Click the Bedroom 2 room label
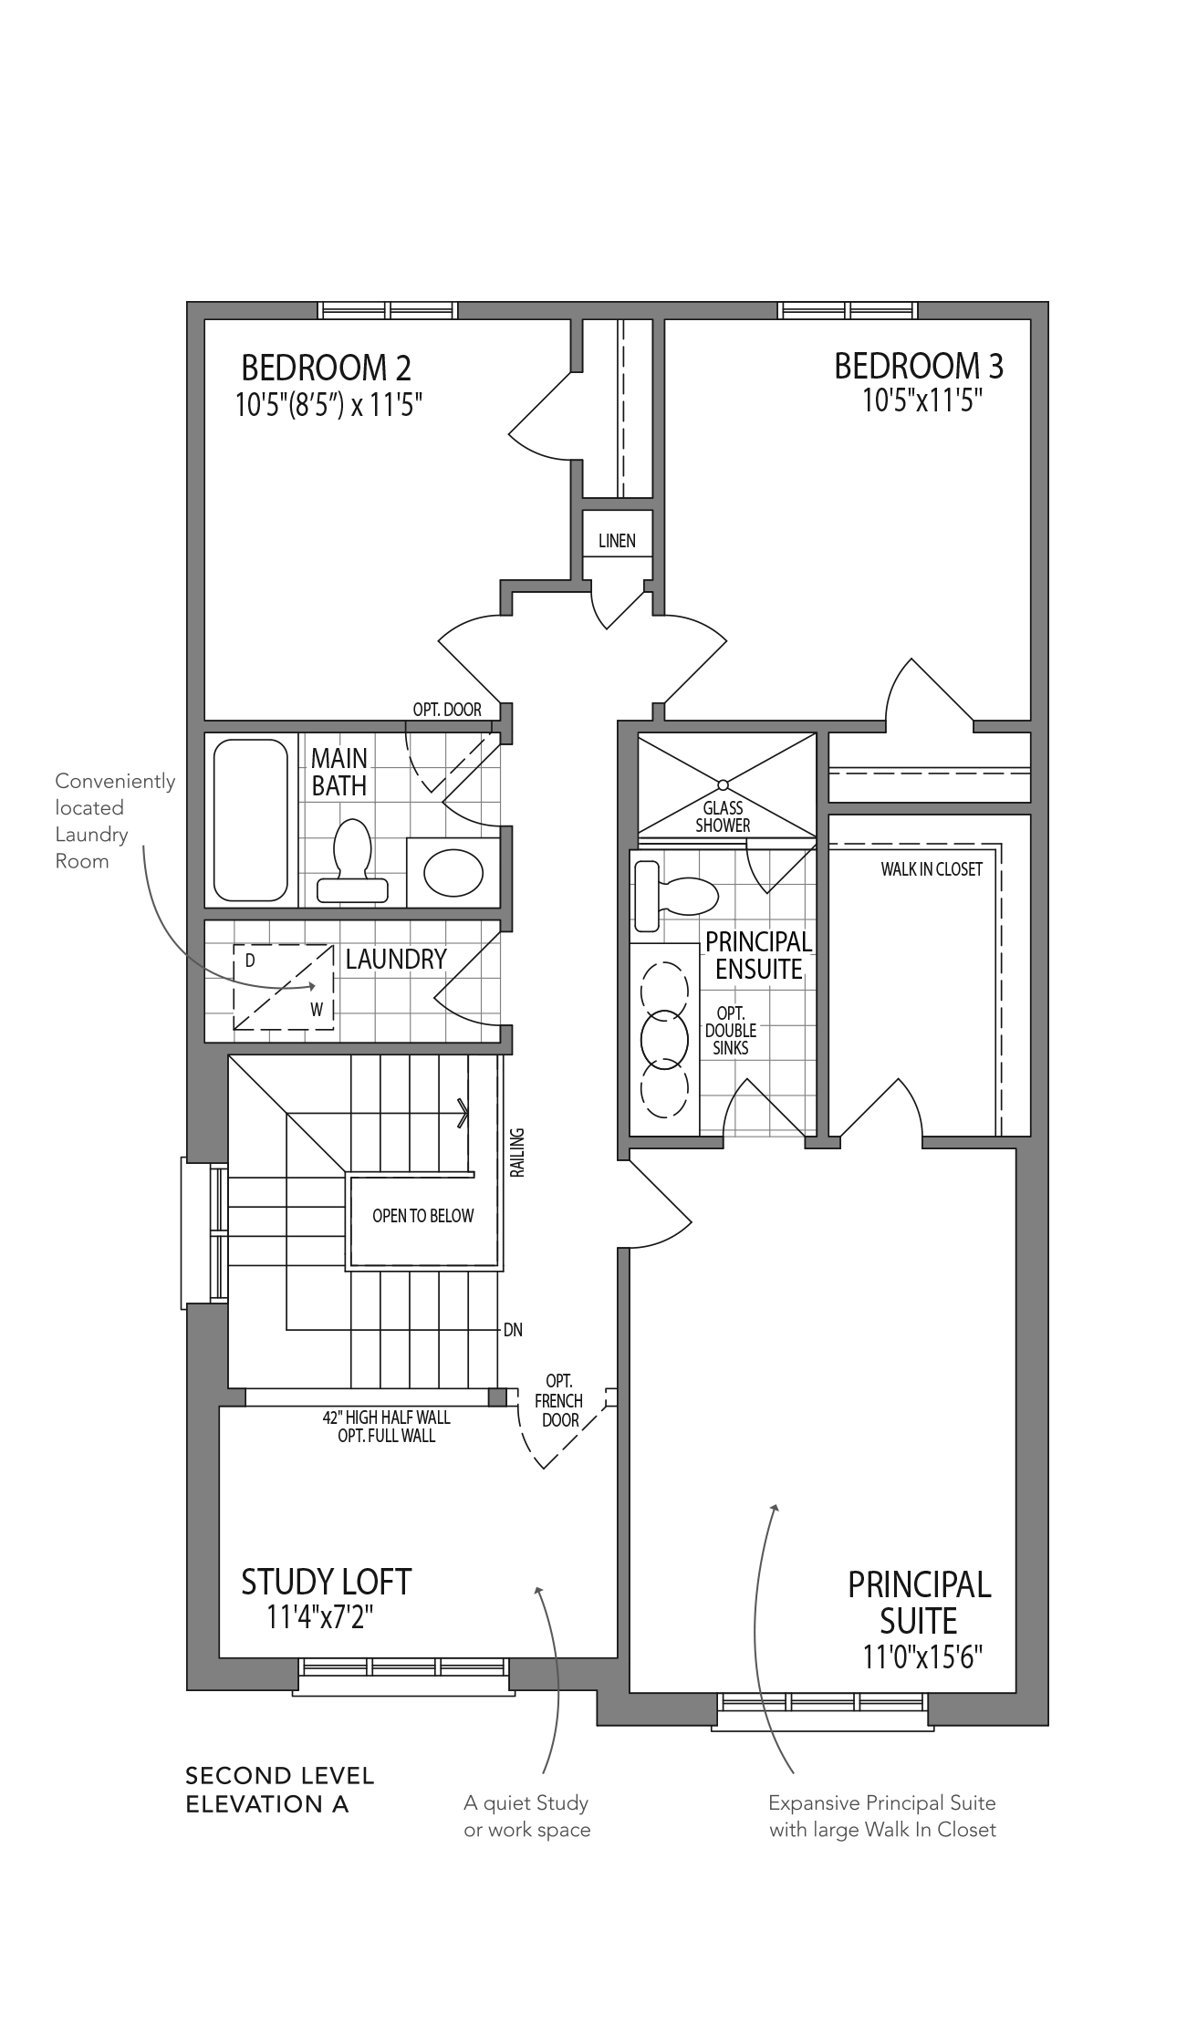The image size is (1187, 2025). [326, 368]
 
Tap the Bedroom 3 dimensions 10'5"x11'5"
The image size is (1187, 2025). [922, 400]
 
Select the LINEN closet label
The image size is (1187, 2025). [617, 541]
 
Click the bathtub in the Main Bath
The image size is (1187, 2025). [251, 819]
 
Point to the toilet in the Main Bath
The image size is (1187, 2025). [352, 861]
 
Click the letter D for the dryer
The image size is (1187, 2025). [250, 961]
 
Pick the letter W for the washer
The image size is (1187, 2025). [317, 1010]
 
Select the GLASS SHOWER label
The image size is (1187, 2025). [723, 816]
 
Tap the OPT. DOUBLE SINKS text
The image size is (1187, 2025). [731, 1031]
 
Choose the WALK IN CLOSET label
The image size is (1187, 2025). [932, 869]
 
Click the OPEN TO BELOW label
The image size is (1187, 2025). [423, 1215]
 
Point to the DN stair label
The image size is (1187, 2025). [513, 1330]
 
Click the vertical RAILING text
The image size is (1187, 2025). [517, 1152]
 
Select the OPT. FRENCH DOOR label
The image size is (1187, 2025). [559, 1400]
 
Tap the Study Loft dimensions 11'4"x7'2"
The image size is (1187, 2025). [320, 1617]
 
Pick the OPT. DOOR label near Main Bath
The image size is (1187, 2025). [447, 710]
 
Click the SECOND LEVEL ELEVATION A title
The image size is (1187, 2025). [280, 1790]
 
